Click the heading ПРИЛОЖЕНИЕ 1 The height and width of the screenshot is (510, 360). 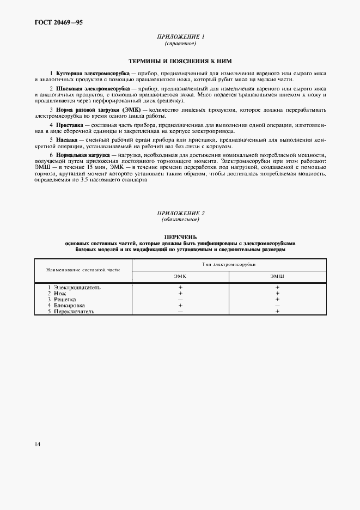click(180, 37)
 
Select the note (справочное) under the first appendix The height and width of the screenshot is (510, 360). click(180, 43)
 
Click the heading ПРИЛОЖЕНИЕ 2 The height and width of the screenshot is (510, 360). click(180, 213)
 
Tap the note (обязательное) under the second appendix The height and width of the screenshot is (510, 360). click(180, 220)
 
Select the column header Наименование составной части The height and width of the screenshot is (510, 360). click(83, 270)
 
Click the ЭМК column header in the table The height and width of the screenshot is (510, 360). click(180, 277)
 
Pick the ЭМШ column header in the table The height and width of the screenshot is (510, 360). click(277, 277)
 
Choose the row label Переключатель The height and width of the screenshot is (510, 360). click(74, 311)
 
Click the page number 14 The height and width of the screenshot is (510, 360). click(37, 444)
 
